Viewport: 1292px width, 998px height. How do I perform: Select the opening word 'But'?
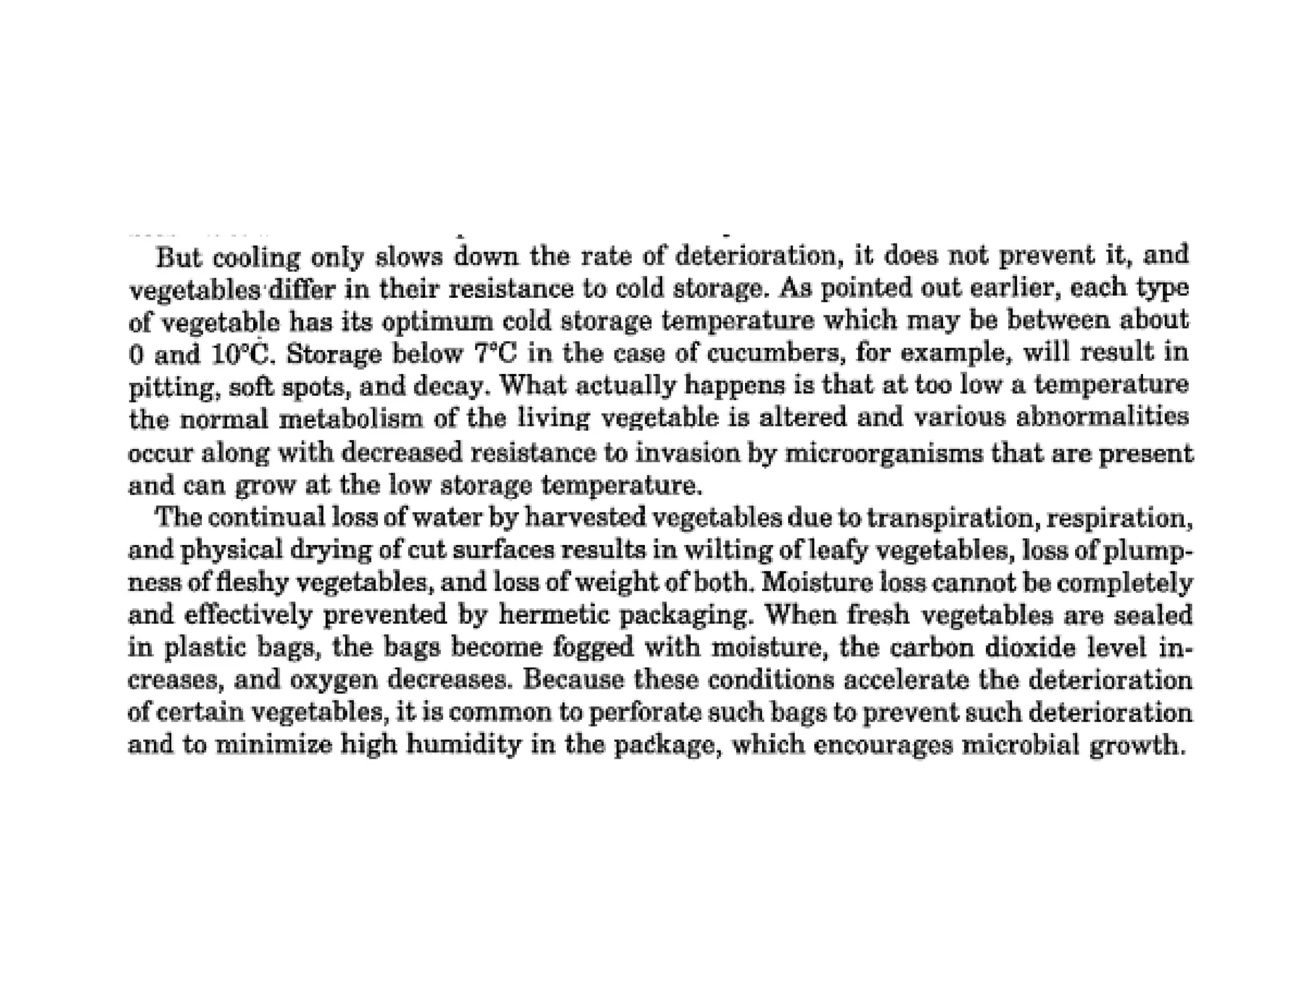coord(179,257)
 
